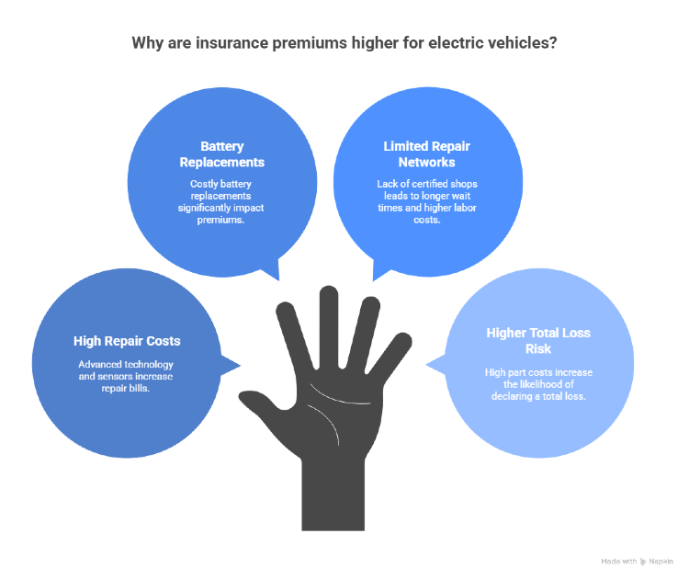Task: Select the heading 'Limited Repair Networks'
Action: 416,154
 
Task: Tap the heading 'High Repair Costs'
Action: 127,341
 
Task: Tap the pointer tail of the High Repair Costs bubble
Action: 232,366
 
